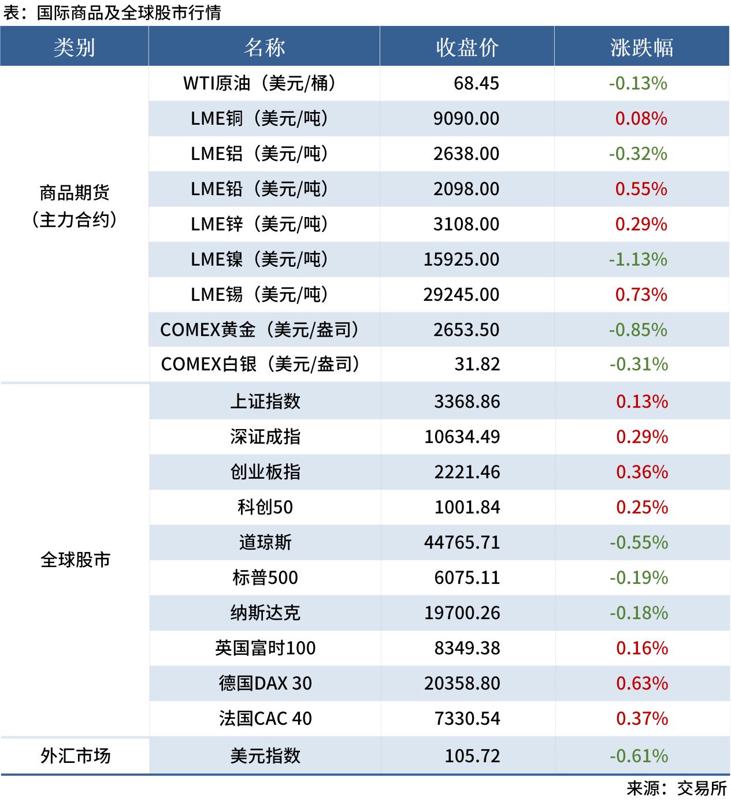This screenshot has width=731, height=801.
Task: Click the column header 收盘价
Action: click(467, 47)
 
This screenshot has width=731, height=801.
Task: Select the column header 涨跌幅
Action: click(641, 47)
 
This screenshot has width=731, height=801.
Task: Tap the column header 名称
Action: click(264, 47)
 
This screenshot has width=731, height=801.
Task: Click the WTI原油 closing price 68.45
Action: click(476, 84)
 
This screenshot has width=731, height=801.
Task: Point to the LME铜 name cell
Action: click(259, 119)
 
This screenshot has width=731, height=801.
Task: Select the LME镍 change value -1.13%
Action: click(638, 260)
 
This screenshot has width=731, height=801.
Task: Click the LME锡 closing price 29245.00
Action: click(461, 295)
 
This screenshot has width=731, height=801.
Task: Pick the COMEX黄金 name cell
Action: click(259, 330)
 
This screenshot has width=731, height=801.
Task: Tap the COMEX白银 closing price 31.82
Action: click(477, 364)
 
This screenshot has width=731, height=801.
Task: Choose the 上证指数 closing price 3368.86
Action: click(467, 402)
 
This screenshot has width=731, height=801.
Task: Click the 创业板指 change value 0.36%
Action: click(642, 472)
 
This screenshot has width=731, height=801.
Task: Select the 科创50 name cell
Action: click(265, 508)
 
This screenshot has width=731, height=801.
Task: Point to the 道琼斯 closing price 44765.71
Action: click(462, 543)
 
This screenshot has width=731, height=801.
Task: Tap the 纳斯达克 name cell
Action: click(265, 613)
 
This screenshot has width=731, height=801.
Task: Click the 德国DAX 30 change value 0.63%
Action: click(642, 684)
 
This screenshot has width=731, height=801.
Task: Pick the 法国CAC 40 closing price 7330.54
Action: click(467, 719)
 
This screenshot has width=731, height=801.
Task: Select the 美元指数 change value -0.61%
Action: click(639, 756)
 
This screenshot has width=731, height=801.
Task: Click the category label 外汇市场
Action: click(75, 756)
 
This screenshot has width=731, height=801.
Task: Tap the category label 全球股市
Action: click(75, 560)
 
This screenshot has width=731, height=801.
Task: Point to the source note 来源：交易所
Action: click(676, 789)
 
